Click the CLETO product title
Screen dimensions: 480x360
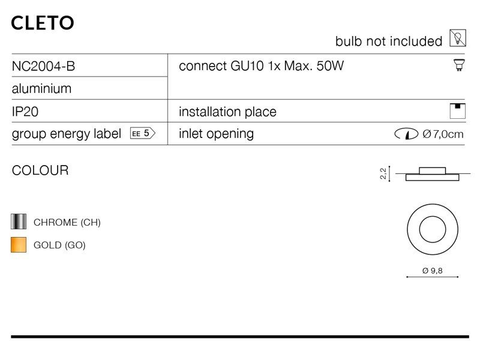[x=43, y=23]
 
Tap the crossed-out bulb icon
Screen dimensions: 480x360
[x=458, y=38]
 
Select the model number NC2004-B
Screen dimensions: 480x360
[x=43, y=66]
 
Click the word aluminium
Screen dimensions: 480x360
[x=41, y=88]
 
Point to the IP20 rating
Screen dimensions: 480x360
[x=25, y=112]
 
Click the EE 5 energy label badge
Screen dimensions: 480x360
[x=143, y=133]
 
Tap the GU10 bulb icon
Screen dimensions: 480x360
[x=459, y=65]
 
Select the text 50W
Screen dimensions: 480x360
[x=330, y=66]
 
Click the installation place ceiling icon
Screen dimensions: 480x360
[x=458, y=111]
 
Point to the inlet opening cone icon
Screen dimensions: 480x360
[x=406, y=134]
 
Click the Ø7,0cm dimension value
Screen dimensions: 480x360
[x=443, y=134]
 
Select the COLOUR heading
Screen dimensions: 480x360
[x=40, y=170]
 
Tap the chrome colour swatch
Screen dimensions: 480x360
[x=19, y=221]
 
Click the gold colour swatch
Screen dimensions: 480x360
[x=19, y=245]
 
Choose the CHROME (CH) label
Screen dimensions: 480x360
[x=67, y=222]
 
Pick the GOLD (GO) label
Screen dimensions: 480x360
[x=59, y=245]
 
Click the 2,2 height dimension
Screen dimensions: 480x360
[x=383, y=173]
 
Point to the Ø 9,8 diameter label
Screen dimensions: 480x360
[x=432, y=271]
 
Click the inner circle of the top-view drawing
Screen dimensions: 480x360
[x=433, y=229]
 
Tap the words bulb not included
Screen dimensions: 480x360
[x=389, y=41]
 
